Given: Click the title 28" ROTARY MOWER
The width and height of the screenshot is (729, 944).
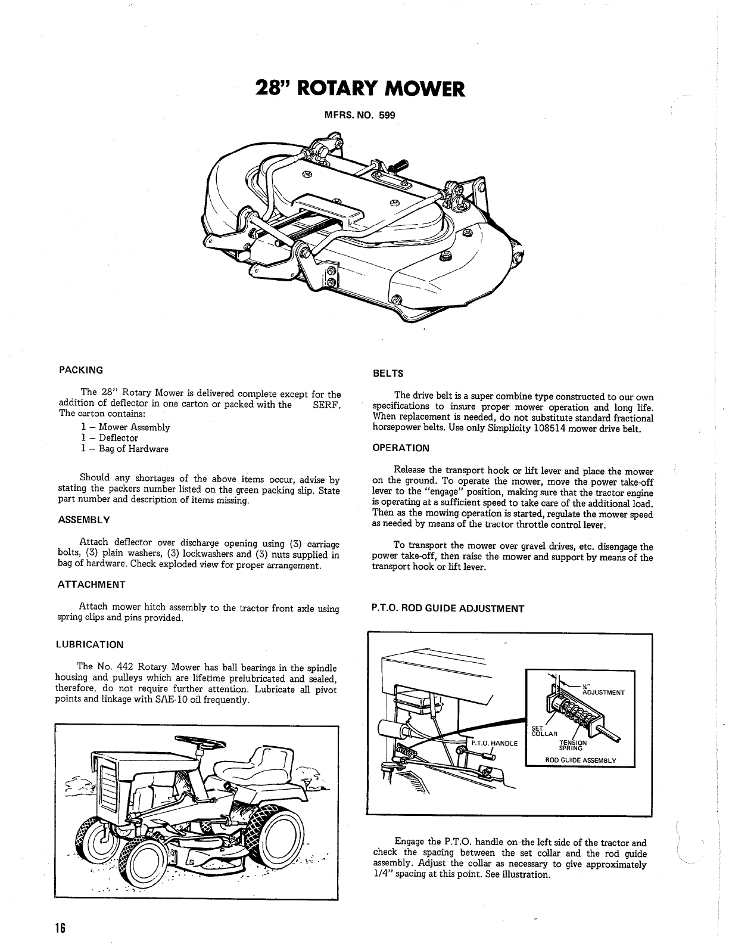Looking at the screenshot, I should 359,89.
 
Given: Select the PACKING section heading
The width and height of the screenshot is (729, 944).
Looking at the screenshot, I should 81,369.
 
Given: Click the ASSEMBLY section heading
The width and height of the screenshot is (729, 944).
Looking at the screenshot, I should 84,520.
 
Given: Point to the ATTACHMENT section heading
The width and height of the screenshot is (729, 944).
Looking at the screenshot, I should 91,585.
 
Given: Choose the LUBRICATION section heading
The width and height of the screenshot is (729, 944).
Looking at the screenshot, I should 89,644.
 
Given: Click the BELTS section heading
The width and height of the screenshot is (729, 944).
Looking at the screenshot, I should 388,374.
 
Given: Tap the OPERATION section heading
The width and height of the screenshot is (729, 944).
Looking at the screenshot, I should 400,448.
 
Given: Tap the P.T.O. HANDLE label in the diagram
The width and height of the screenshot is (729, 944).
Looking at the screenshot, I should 495,743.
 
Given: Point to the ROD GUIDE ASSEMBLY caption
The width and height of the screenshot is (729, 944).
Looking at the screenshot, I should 581,760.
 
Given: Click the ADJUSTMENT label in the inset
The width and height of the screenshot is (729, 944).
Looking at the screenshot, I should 603,693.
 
